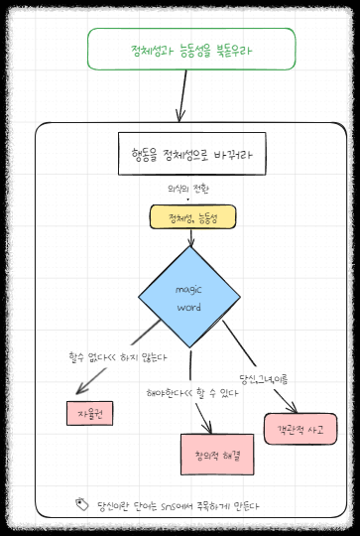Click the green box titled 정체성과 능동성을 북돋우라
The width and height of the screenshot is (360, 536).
[x=191, y=49]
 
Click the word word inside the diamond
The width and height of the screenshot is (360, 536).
[x=188, y=307]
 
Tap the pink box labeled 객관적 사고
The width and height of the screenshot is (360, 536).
[x=300, y=428]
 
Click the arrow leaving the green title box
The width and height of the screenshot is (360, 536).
[x=182, y=96]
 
